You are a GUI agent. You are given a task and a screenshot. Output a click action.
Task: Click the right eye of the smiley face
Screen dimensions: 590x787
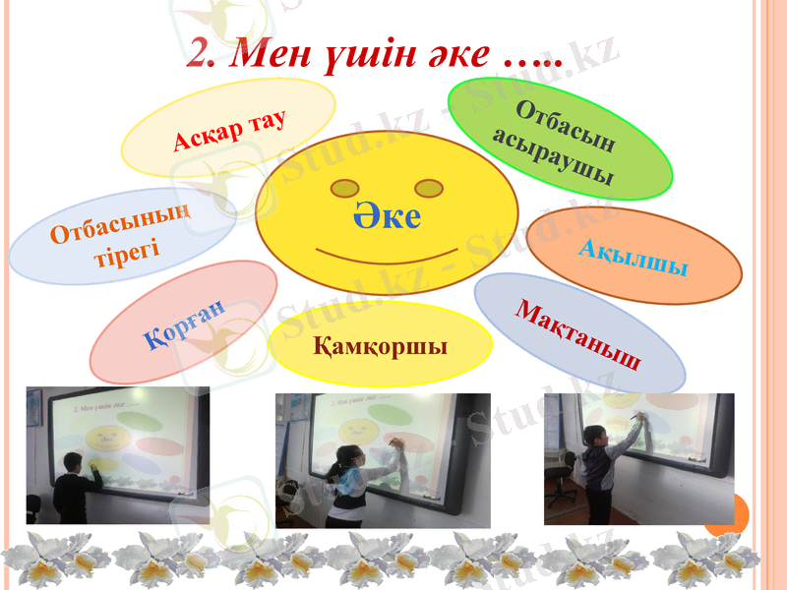pos(429,187)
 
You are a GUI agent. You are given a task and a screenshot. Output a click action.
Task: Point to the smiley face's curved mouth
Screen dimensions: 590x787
pos(386,258)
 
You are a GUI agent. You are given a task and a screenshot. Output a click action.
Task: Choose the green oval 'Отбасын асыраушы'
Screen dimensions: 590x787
pos(560,139)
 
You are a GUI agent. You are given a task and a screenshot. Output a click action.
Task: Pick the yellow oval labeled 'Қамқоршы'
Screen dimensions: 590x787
pos(380,344)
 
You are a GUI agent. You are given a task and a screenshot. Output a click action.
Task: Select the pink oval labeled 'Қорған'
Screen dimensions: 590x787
pos(184,323)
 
